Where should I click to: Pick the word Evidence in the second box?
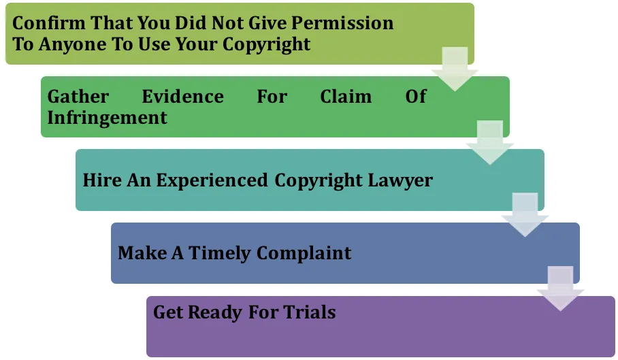(x=182, y=97)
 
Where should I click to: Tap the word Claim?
(x=346, y=97)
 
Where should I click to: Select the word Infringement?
(x=107, y=117)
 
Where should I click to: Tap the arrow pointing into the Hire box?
(x=489, y=143)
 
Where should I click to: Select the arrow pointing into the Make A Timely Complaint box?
(x=525, y=215)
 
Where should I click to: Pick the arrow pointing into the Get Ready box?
(x=560, y=289)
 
